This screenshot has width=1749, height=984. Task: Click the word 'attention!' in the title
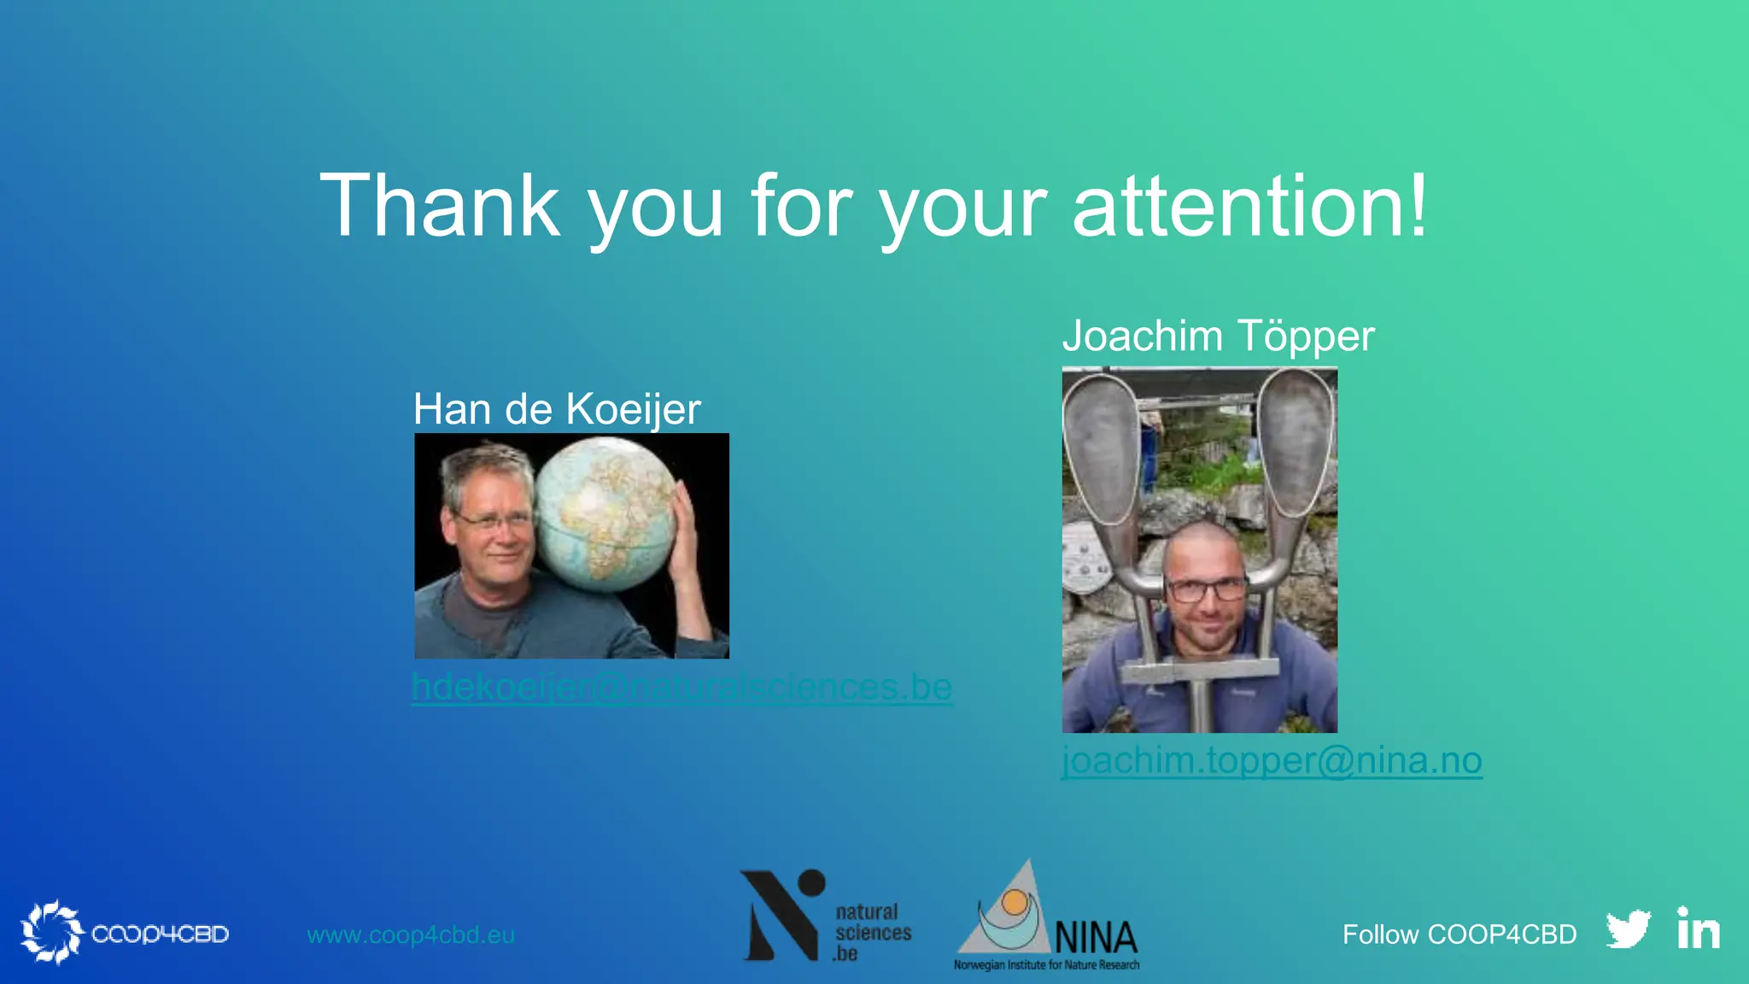click(1249, 206)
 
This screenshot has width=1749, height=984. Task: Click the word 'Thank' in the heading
click(439, 206)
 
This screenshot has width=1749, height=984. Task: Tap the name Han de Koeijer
click(557, 409)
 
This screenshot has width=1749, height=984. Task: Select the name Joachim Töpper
click(1218, 336)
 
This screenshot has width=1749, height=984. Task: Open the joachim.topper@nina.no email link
click(1272, 760)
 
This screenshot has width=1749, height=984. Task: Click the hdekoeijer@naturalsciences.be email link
click(681, 688)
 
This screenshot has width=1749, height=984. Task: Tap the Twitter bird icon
click(1628, 930)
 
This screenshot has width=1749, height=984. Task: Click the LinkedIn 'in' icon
click(1698, 929)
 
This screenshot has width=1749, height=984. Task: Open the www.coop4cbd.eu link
click(411, 934)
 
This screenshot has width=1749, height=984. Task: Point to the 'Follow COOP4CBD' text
click(1459, 934)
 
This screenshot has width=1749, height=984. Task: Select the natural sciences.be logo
click(825, 917)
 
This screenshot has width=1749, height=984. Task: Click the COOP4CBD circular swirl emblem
click(51, 932)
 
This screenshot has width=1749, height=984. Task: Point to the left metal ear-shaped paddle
click(1103, 444)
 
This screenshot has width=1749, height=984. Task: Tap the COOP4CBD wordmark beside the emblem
click(160, 934)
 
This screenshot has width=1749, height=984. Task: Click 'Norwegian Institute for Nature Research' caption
click(1046, 965)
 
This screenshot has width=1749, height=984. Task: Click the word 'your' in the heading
click(963, 206)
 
